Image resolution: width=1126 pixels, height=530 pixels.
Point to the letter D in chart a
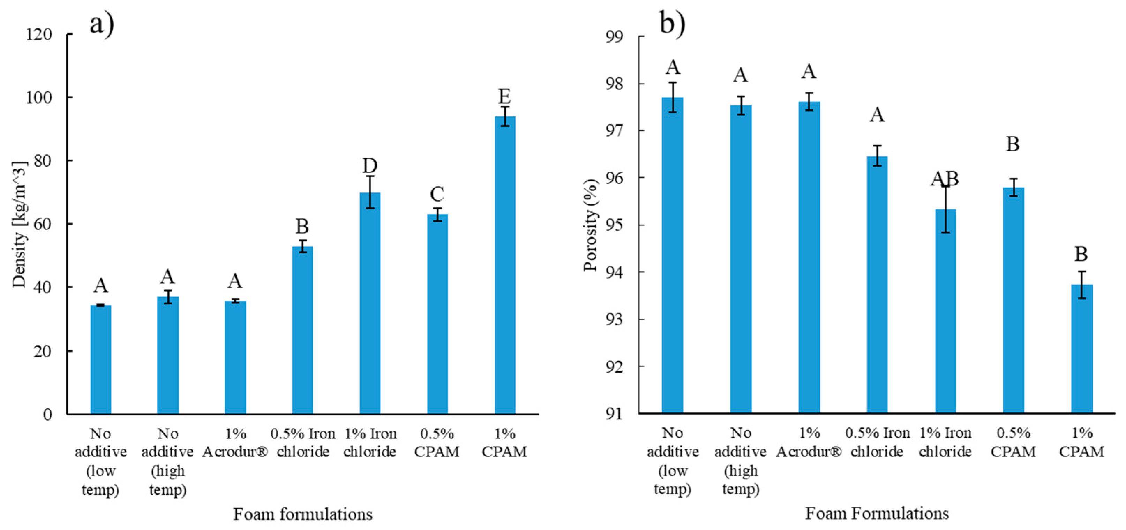pos(370,166)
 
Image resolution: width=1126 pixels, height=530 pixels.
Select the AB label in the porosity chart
pos(945,179)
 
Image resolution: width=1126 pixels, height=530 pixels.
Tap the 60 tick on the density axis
pos(43,224)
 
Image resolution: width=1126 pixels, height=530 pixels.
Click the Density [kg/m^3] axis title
pos(19,225)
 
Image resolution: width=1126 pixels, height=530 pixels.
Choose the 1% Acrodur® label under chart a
pos(235,442)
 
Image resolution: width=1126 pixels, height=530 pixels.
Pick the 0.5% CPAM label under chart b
pos(1013,442)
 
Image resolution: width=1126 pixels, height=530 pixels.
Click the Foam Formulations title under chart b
pos(877,513)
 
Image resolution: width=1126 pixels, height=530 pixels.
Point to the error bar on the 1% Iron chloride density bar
pos(370,192)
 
